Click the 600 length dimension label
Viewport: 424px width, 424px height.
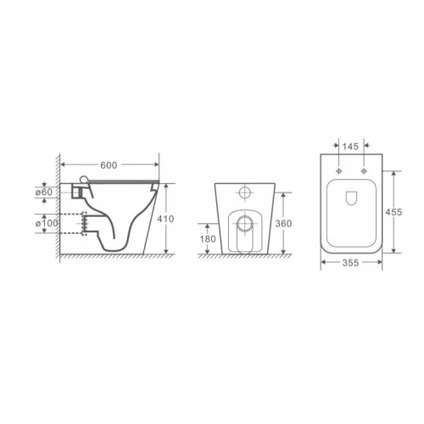[109, 165]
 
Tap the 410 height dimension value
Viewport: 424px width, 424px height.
[165, 219]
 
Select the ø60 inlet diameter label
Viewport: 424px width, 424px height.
[44, 192]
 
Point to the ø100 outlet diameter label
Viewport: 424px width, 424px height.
[47, 223]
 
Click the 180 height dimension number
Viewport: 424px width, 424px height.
[208, 239]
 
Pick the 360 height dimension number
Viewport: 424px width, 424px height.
[283, 224]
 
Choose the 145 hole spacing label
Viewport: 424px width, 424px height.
[350, 147]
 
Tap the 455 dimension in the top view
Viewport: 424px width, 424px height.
[393, 212]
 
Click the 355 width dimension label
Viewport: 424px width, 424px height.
[350, 263]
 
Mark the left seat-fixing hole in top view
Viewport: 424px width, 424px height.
[338, 171]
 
